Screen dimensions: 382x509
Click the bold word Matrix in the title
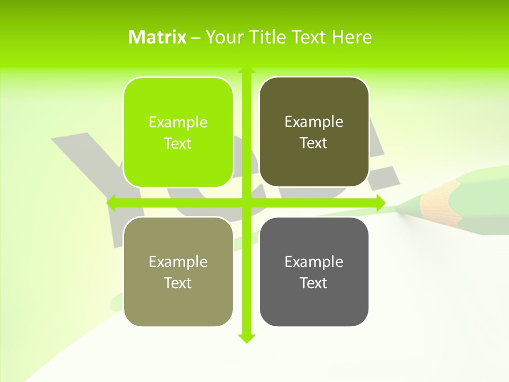tap(157, 37)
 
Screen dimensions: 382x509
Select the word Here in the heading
tap(352, 37)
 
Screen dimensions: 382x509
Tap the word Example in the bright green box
tap(178, 123)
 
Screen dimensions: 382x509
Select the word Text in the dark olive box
tap(314, 143)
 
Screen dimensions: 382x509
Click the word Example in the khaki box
tap(178, 262)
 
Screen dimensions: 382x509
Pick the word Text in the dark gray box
tap(314, 283)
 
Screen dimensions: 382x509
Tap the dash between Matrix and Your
tap(196, 38)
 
